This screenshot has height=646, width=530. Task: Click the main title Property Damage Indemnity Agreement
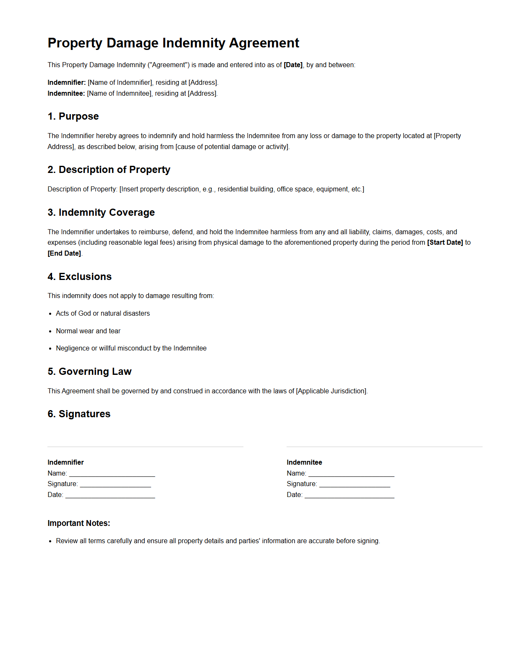pyautogui.click(x=173, y=43)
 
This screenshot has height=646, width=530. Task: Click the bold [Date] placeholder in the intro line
pyautogui.click(x=293, y=65)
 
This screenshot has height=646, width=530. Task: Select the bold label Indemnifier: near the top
pyautogui.click(x=67, y=82)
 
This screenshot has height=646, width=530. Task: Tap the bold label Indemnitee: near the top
pyautogui.click(x=66, y=93)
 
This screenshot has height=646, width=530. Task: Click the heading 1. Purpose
pyautogui.click(x=73, y=116)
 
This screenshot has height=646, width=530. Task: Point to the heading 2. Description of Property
pyautogui.click(x=109, y=170)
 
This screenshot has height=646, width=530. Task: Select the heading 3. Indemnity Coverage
pyautogui.click(x=101, y=212)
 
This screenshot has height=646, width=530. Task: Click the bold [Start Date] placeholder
pyautogui.click(x=445, y=242)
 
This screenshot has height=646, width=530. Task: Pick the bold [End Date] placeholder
pyautogui.click(x=64, y=253)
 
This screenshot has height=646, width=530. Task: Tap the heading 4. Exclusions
pyautogui.click(x=80, y=277)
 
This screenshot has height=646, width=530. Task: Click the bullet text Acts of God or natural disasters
pyautogui.click(x=103, y=313)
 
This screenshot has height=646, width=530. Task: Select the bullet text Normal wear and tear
pyautogui.click(x=88, y=331)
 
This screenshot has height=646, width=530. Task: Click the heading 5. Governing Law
pyautogui.click(x=90, y=371)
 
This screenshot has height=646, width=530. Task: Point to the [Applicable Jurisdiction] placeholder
pyautogui.click(x=332, y=391)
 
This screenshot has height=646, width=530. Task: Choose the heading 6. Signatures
pyautogui.click(x=79, y=414)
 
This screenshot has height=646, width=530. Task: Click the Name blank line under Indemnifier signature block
pyautogui.click(x=112, y=474)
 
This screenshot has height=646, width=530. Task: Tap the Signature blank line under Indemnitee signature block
pyautogui.click(x=355, y=484)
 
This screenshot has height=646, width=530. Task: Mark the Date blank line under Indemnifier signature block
pyautogui.click(x=110, y=495)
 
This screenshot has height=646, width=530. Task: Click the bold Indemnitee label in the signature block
pyautogui.click(x=304, y=462)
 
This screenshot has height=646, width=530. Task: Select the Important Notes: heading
pyautogui.click(x=79, y=523)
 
